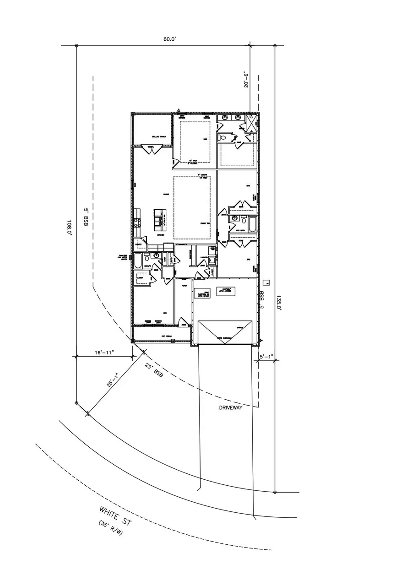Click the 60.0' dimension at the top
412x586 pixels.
(x=170, y=39)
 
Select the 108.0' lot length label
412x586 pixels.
(x=70, y=227)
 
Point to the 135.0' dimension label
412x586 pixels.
(x=278, y=303)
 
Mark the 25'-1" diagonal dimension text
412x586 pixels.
(x=113, y=380)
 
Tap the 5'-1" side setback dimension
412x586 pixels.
(x=266, y=356)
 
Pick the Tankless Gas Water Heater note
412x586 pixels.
(x=125, y=258)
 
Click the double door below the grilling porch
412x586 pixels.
(x=151, y=149)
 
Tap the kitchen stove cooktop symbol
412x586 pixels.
(x=136, y=222)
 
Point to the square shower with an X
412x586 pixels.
(x=251, y=124)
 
